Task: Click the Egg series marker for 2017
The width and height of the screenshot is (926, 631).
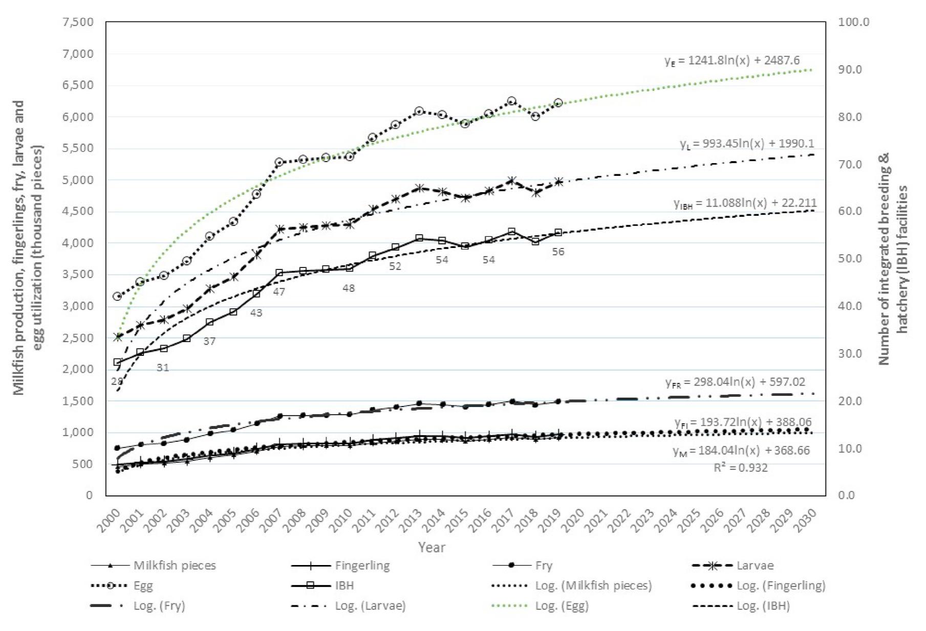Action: click(511, 101)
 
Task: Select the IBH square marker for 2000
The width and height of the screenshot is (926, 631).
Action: click(117, 362)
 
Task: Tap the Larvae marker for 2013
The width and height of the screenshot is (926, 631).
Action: click(419, 188)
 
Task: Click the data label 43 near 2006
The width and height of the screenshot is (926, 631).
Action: click(256, 312)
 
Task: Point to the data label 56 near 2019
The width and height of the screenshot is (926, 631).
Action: click(558, 252)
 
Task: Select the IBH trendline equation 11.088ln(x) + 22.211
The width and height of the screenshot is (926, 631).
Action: click(745, 204)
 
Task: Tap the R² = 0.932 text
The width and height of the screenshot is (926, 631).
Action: click(740, 467)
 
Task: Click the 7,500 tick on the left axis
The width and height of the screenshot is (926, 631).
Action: click(77, 22)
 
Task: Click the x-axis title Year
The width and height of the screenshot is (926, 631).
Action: click(432, 547)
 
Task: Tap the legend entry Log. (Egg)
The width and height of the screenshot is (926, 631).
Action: click(562, 606)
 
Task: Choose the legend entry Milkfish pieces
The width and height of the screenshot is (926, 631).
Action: click(174, 566)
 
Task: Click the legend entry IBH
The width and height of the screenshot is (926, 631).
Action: click(344, 585)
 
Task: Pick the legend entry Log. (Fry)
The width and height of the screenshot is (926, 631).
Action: click(159, 606)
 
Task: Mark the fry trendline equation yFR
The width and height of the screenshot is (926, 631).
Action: click(735, 382)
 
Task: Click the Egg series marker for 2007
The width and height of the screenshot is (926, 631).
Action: click(279, 162)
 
